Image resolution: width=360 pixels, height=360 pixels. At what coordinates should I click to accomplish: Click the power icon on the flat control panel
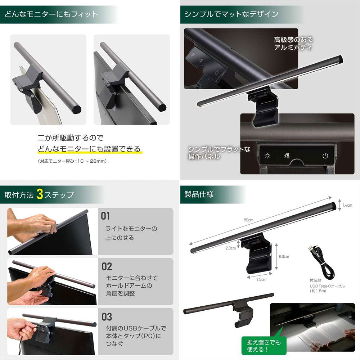(x=325, y=156)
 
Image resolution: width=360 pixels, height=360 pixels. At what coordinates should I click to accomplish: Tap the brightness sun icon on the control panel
(x=267, y=156)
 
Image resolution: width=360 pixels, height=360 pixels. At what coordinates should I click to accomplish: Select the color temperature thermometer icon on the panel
(x=286, y=156)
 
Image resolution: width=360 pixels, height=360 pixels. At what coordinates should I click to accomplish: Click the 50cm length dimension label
(x=249, y=220)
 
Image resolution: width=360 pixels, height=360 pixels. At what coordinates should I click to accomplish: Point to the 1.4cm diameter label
(x=347, y=205)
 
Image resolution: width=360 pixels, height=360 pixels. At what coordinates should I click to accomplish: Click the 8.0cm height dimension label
(x=284, y=256)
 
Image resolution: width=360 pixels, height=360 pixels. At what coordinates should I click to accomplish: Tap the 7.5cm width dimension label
(x=261, y=279)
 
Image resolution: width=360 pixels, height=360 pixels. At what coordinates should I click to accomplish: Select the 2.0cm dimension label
(x=231, y=248)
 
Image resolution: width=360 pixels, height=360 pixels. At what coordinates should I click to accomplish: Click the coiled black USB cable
(x=321, y=261)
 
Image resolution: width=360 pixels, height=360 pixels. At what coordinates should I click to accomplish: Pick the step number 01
(x=105, y=216)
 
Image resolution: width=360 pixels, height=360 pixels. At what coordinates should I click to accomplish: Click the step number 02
(x=107, y=266)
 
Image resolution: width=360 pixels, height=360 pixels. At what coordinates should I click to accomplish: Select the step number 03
(x=107, y=317)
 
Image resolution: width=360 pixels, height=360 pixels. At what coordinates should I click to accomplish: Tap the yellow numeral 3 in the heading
(x=40, y=194)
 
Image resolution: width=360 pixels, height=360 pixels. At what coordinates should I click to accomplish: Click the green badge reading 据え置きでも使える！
(x=264, y=346)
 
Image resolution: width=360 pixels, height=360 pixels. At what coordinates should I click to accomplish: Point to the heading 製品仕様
(x=199, y=194)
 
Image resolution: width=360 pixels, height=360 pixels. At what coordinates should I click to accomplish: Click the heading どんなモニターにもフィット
(x=51, y=14)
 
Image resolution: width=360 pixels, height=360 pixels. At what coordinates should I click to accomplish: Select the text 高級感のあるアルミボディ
(x=293, y=44)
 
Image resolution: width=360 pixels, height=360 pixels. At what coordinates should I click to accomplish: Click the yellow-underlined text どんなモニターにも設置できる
(x=89, y=149)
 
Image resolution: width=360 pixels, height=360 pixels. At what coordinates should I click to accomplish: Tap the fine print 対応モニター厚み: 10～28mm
(x=72, y=161)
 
